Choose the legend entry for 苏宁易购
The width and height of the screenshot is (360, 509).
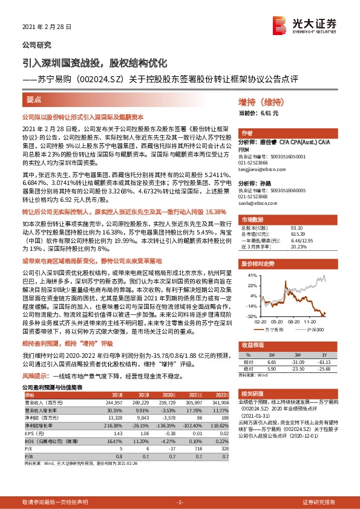(x=272, y=329)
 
